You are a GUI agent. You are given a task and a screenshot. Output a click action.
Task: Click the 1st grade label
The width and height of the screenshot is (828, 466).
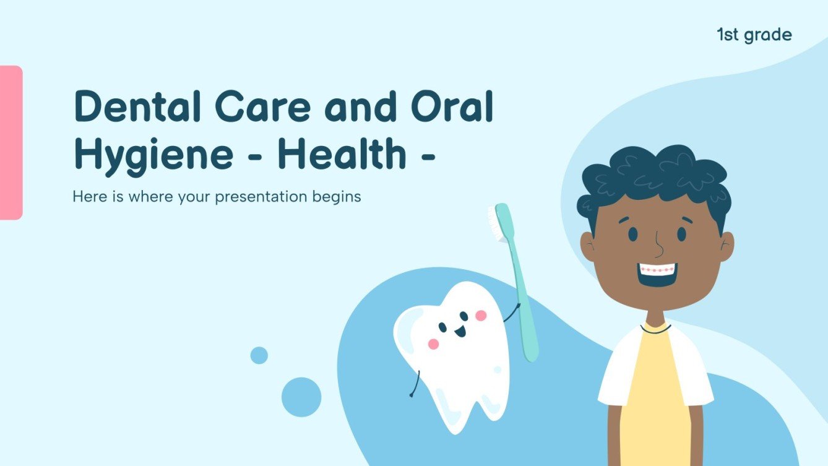[x=754, y=35]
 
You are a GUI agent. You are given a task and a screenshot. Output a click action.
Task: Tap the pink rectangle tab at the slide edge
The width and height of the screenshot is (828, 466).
[x=11, y=142]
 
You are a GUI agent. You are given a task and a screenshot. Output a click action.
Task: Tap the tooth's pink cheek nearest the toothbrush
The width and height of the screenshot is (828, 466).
[x=481, y=316]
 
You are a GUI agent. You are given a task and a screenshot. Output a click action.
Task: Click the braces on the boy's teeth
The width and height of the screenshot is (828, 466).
[x=658, y=270]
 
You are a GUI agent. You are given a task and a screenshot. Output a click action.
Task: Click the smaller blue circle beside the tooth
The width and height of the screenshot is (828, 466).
[x=259, y=355]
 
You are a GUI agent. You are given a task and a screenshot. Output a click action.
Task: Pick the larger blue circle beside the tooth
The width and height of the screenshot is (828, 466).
[x=301, y=397]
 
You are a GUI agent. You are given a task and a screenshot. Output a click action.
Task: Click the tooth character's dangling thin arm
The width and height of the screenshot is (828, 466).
[x=415, y=384]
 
